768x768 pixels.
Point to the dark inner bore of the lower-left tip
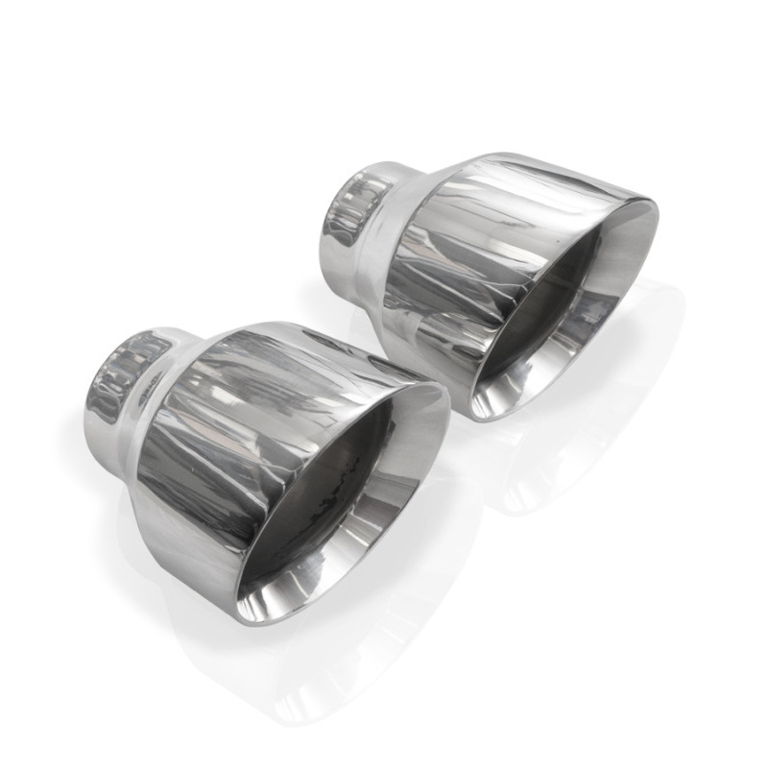336,480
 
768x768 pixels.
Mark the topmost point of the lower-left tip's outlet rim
422,384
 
